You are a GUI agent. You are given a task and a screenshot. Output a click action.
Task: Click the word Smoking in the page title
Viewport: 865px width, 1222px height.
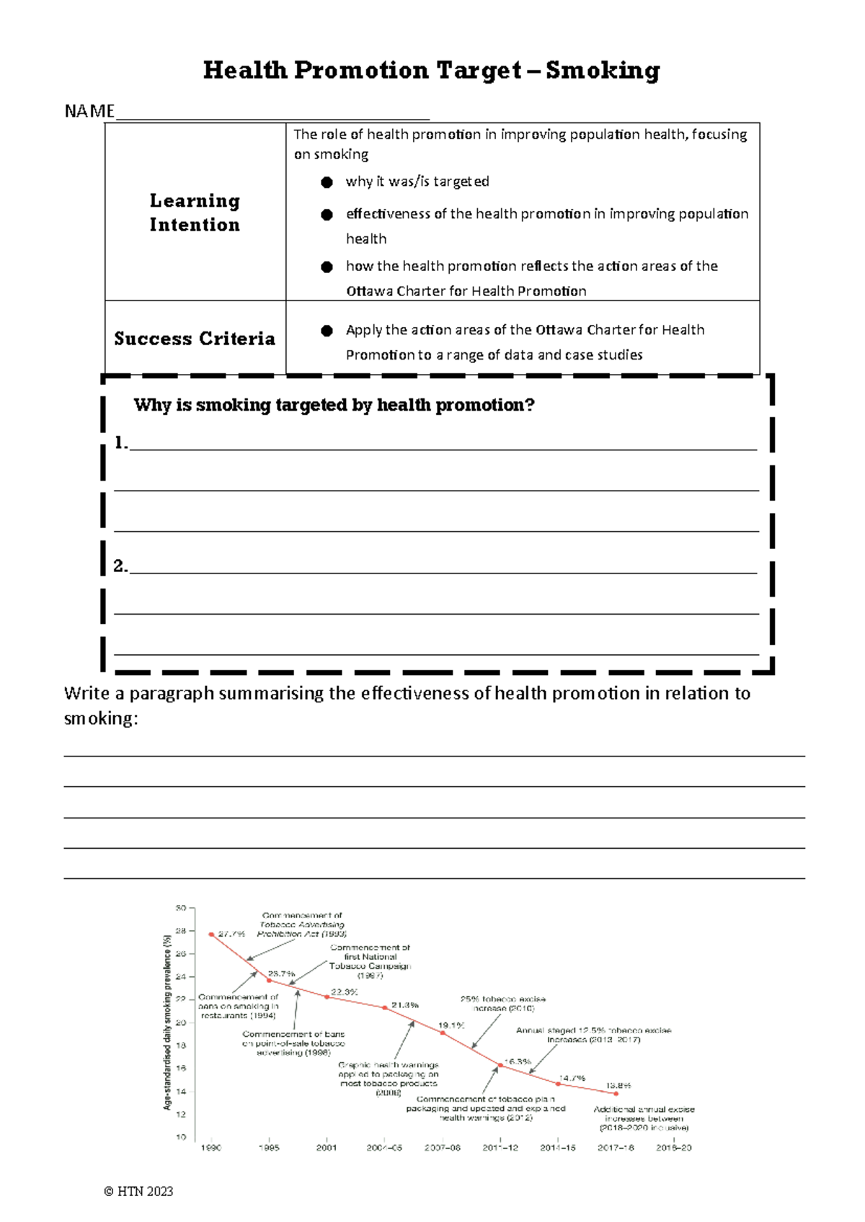(603, 70)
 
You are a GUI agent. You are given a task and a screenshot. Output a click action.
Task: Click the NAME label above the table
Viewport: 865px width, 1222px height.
(89, 111)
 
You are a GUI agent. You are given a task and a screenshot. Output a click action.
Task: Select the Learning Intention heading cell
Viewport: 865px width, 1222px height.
(195, 213)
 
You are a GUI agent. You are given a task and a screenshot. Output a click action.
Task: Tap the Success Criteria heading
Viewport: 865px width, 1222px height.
(195, 339)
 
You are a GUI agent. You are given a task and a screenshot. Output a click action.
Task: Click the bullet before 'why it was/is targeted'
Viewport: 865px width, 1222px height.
(327, 182)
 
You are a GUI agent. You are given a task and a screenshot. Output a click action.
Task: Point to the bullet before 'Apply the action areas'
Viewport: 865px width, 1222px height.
(327, 331)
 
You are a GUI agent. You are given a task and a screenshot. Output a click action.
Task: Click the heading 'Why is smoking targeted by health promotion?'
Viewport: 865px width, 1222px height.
(334, 405)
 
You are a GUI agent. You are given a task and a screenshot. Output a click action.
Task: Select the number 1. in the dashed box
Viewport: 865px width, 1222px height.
(120, 443)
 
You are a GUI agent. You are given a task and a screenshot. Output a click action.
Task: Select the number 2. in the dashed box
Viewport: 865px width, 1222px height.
(120, 566)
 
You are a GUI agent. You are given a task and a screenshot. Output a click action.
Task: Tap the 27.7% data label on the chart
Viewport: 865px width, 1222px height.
(231, 934)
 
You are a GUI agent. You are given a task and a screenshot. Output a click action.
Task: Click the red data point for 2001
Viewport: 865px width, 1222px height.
(327, 997)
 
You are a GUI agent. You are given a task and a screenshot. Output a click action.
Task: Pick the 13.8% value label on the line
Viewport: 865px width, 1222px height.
(618, 1085)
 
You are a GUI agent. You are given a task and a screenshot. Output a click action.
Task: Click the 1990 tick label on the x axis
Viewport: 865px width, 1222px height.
(210, 1148)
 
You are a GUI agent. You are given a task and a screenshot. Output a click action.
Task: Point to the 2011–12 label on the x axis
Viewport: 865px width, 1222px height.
(500, 1148)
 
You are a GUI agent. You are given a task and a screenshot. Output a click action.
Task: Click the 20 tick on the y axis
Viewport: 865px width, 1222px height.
(181, 1022)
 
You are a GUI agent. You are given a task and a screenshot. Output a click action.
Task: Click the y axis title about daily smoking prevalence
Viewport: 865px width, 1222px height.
(167, 1022)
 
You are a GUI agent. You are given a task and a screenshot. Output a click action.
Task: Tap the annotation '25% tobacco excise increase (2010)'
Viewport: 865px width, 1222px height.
(503, 1004)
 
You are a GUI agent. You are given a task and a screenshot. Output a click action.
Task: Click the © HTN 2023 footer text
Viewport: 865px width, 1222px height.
(138, 1191)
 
